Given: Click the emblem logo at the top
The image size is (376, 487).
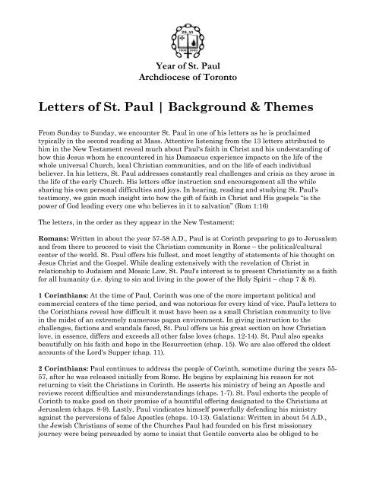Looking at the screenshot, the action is (188, 29).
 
